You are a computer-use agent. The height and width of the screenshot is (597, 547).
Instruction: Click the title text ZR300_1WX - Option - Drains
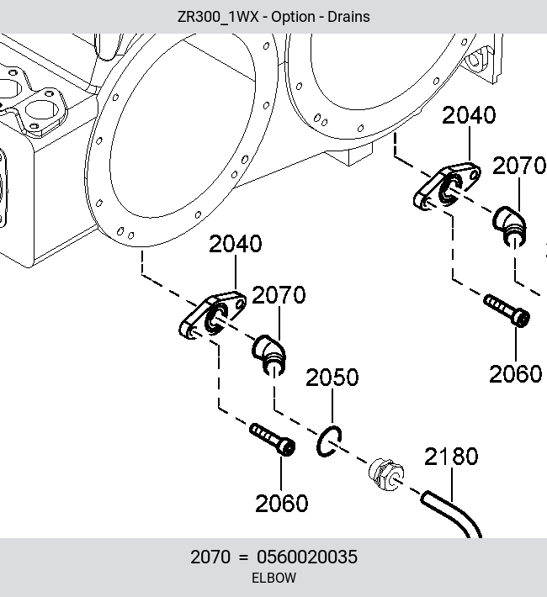(273, 17)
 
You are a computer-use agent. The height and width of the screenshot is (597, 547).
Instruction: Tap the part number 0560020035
(307, 557)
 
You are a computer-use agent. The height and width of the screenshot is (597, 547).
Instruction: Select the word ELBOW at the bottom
(273, 578)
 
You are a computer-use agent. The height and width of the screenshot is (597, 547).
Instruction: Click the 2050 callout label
(332, 378)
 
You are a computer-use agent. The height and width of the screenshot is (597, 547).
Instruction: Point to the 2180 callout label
(451, 457)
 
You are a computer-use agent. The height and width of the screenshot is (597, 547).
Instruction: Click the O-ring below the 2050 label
(318, 442)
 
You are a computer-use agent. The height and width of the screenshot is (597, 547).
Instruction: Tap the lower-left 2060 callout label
(281, 504)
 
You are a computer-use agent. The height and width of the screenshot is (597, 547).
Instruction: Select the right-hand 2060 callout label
(515, 374)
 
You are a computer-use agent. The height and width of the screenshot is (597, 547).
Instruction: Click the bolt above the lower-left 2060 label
(272, 440)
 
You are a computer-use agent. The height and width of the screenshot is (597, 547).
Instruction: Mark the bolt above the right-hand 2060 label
(507, 310)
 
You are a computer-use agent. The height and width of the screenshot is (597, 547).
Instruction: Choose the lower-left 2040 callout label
(236, 244)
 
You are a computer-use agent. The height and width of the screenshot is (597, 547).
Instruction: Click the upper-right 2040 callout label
(469, 115)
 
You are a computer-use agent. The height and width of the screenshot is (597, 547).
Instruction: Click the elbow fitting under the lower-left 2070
(268, 355)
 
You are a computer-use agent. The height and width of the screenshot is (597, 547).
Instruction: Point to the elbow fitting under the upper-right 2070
(509, 226)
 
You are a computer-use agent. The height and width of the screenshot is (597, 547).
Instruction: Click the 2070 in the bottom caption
(210, 557)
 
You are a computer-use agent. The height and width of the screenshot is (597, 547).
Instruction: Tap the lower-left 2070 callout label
(279, 295)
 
